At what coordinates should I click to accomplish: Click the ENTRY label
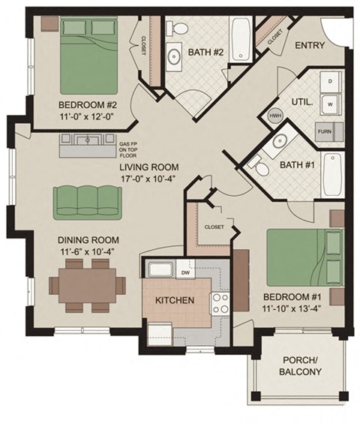point(310,46)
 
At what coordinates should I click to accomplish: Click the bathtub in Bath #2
point(242,39)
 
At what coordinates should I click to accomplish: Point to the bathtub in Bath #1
point(332,173)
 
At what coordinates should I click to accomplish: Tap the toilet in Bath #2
point(180,29)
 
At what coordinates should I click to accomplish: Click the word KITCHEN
point(175,301)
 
